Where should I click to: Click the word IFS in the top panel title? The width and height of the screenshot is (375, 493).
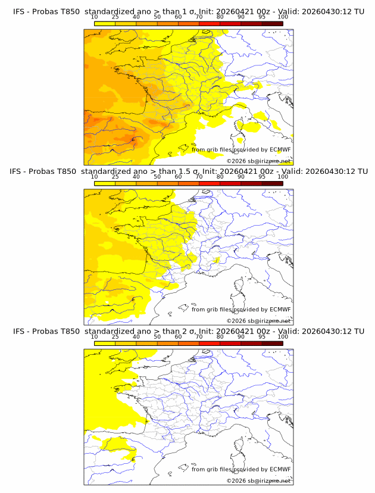(x=20, y=12)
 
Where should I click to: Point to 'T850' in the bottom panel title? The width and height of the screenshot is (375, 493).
(x=69, y=331)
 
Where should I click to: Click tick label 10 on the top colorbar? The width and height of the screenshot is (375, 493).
(x=95, y=17)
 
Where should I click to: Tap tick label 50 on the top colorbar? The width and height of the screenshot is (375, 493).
(x=157, y=17)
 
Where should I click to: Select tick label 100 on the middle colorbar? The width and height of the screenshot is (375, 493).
(x=283, y=177)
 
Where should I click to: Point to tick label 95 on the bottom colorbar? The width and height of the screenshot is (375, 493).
(x=262, y=336)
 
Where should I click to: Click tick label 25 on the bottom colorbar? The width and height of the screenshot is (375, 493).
(x=115, y=336)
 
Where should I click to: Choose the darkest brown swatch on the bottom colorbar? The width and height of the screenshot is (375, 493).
(x=272, y=343)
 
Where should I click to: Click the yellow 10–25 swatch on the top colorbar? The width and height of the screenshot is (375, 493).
(x=105, y=24)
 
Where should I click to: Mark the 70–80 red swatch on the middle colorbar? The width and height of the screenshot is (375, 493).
(x=210, y=183)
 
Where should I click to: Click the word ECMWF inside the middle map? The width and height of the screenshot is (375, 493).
(x=280, y=310)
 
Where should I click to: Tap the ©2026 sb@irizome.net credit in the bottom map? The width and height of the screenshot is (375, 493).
(x=258, y=480)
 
